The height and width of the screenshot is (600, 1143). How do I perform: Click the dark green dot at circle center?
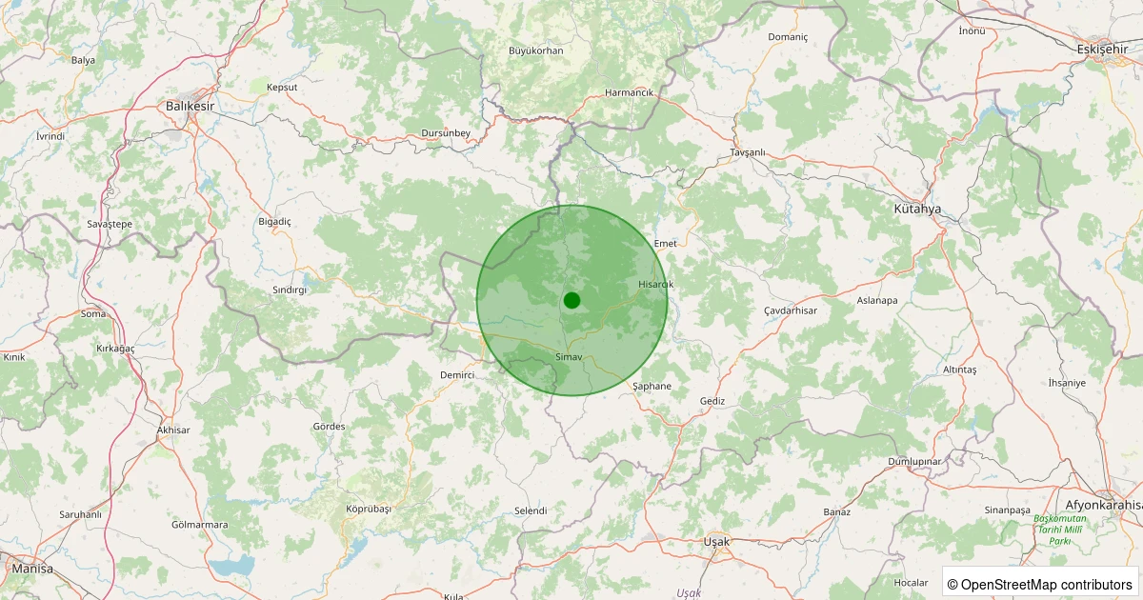[571, 300]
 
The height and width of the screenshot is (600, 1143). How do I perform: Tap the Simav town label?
[568, 355]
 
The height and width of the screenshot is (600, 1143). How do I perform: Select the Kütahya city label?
[917, 209]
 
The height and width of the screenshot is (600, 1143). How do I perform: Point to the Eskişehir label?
[1102, 49]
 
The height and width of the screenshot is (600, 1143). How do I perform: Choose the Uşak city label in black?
[715, 542]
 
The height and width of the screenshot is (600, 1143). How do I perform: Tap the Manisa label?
[32, 569]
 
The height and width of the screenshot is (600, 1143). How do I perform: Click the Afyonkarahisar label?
[1103, 505]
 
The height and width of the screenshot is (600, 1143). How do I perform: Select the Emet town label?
[665, 244]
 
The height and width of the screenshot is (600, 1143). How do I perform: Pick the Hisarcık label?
[655, 284]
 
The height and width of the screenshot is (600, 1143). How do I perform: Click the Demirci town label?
[457, 375]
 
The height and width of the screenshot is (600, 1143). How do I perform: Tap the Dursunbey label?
[446, 133]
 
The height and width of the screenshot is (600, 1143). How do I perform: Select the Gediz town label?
[712, 401]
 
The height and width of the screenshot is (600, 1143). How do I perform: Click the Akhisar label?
[173, 430]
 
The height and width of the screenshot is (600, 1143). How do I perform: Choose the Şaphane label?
[652, 386]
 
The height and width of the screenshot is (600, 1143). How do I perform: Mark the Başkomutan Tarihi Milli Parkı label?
[1060, 530]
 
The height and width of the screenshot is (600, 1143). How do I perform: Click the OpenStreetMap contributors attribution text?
[1040, 584]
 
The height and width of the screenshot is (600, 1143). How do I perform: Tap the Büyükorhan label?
[535, 50]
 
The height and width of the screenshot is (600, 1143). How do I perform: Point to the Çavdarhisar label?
[791, 311]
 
